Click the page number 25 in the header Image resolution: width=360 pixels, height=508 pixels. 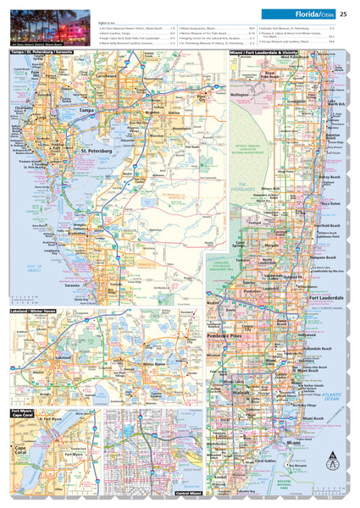tap(343, 14)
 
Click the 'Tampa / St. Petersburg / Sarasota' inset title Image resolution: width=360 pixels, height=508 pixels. tap(42, 52)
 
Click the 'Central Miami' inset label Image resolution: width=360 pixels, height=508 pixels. tap(188, 492)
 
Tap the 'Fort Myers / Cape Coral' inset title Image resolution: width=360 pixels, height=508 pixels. tap(21, 415)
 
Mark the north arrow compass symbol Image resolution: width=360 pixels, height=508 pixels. tap(333, 462)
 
